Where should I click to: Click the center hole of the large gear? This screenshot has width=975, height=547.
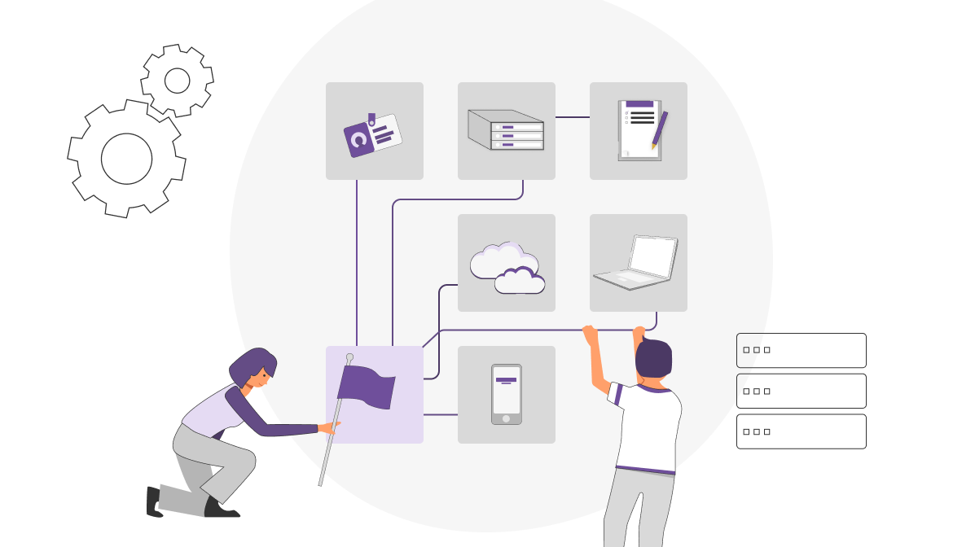click(126, 159)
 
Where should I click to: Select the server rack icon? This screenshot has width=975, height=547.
click(506, 130)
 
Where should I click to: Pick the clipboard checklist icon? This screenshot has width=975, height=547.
click(637, 130)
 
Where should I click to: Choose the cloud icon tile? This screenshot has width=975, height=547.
click(506, 263)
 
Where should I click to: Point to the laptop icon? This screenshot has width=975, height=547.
click(637, 262)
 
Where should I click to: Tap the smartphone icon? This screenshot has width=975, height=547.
click(506, 394)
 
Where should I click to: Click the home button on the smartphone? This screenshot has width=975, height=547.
click(506, 418)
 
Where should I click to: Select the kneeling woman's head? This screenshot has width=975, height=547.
click(253, 368)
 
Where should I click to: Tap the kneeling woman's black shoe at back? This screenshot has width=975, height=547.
click(154, 502)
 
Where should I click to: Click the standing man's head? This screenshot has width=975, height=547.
click(653, 358)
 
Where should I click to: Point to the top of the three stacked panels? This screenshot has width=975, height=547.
click(801, 350)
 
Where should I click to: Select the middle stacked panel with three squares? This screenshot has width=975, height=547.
click(801, 391)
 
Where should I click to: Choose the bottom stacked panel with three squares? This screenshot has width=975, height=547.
click(801, 431)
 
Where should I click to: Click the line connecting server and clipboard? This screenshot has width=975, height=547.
click(573, 117)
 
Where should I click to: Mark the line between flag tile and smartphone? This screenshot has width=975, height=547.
click(441, 414)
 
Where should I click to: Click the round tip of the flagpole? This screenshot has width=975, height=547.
click(349, 357)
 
